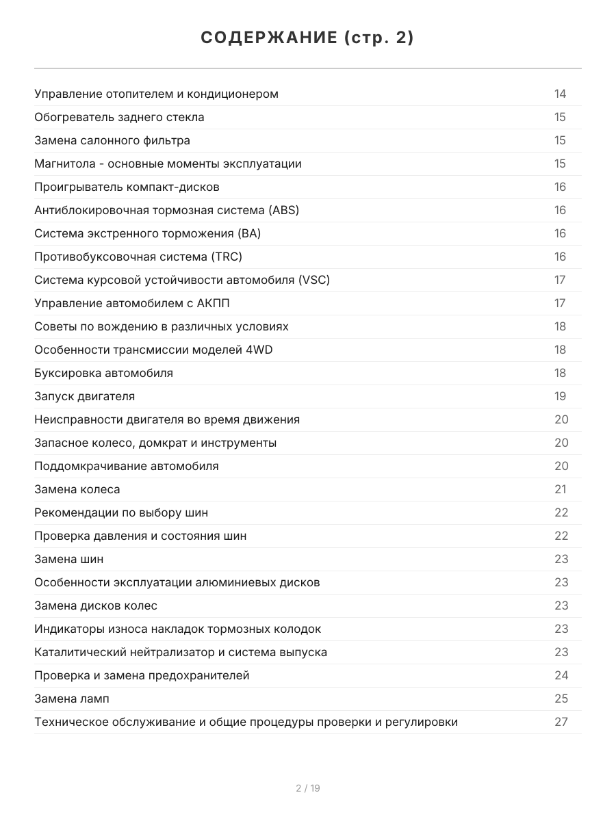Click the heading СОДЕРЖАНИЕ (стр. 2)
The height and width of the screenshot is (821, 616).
[x=307, y=38]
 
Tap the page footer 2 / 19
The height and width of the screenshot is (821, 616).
[x=307, y=788]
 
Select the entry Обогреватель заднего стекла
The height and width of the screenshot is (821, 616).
[x=119, y=117]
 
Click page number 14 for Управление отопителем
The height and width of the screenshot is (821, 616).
[x=561, y=94]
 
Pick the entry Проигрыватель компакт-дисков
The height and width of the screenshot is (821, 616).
[x=127, y=187]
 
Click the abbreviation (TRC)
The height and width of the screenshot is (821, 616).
[x=227, y=257]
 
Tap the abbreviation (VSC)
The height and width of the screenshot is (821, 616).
[x=314, y=280]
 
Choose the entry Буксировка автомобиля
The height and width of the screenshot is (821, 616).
[x=103, y=373]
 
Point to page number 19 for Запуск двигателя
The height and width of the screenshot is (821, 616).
[x=561, y=396]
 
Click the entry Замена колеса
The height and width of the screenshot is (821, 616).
[x=77, y=489]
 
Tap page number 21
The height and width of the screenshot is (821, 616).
[x=561, y=489]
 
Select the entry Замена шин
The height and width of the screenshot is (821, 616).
[x=69, y=559]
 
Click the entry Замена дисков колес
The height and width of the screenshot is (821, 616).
[x=96, y=605]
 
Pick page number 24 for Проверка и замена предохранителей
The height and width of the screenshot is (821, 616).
[x=561, y=675]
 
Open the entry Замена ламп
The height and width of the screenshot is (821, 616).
[x=72, y=699]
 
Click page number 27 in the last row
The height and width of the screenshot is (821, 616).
[x=561, y=722]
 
